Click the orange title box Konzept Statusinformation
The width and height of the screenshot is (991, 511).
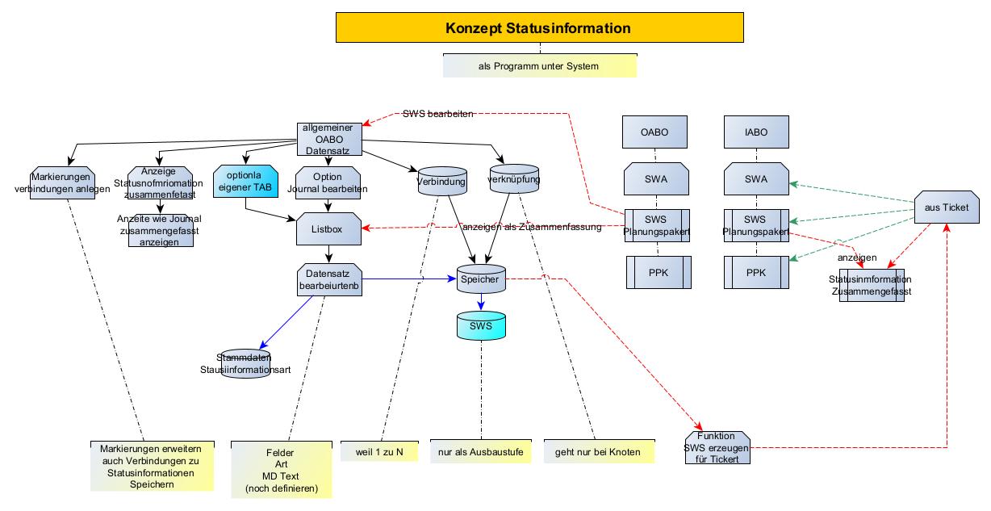click(x=538, y=29)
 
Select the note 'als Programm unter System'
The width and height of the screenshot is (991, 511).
click(x=539, y=66)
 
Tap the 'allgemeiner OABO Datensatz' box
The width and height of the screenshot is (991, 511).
click(x=328, y=139)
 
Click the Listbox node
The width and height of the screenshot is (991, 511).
click(x=328, y=230)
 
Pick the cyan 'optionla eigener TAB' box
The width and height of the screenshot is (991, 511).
click(x=245, y=182)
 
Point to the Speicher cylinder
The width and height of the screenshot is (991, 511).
click(x=481, y=279)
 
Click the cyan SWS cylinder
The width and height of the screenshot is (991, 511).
click(x=481, y=326)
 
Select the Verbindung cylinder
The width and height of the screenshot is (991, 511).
click(x=441, y=182)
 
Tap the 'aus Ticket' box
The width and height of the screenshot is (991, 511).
click(x=946, y=207)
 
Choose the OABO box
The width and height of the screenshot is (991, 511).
click(x=655, y=132)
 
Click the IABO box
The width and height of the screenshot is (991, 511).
click(x=756, y=132)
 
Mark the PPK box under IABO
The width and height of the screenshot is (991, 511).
click(x=756, y=272)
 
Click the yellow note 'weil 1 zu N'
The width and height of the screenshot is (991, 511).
click(x=379, y=452)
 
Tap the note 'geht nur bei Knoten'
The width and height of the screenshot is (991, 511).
click(x=597, y=452)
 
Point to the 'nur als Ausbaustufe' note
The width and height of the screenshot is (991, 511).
click(x=481, y=452)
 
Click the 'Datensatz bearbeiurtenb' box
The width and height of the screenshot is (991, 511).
click(x=328, y=279)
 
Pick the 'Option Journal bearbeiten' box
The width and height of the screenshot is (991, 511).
click(x=328, y=182)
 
